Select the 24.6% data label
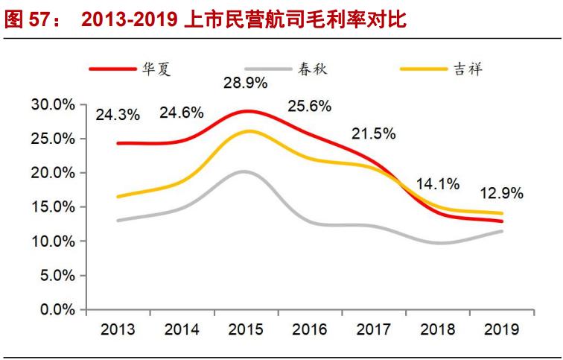(181, 113)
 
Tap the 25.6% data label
(309, 106)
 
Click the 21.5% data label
(373, 134)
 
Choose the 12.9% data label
(501, 193)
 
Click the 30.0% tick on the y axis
(54, 105)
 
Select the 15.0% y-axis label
(54, 207)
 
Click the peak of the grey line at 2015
(243, 171)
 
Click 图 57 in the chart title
(26, 19)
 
